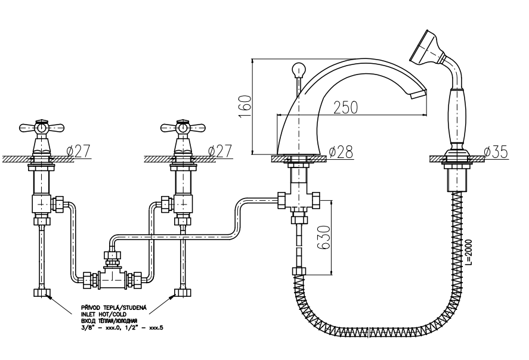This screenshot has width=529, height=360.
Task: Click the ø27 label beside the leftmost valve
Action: (79, 151)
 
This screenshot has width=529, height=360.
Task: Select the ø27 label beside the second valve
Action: (219, 151)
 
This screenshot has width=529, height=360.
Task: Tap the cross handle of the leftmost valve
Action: (41, 127)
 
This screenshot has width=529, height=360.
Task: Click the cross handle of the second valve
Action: (182, 127)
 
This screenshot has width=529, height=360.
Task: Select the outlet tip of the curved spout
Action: (420, 92)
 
